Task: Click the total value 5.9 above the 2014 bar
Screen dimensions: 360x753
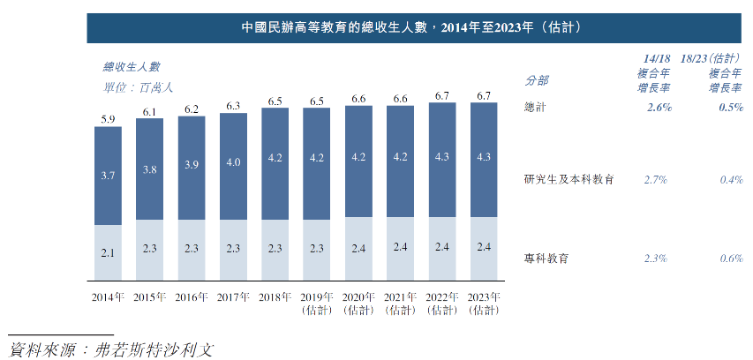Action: click(x=108, y=118)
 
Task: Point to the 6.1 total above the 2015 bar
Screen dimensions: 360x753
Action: click(x=149, y=111)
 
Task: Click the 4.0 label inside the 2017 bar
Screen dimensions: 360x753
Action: click(x=233, y=162)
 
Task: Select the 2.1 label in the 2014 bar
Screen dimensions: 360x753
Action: click(x=108, y=253)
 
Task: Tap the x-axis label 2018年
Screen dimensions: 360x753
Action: click(x=275, y=296)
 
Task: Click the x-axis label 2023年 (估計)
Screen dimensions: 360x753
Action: click(x=486, y=303)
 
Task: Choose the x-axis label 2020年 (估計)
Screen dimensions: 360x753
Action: click(x=358, y=303)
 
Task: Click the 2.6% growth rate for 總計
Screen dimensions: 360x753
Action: click(x=658, y=107)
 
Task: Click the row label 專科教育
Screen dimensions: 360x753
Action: click(x=546, y=259)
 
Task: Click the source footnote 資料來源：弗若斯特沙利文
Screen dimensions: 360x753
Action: click(x=111, y=349)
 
